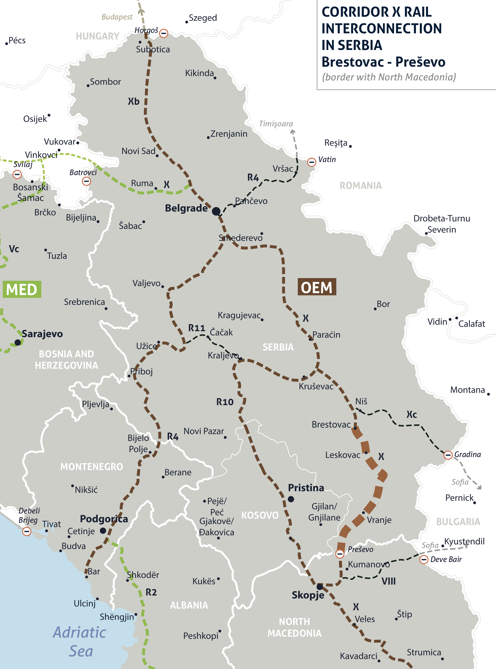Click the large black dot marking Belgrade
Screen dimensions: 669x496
point(216,211)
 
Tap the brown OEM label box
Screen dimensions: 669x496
point(317,287)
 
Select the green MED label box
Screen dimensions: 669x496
point(22,290)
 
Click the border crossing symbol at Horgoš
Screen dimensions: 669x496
point(164,33)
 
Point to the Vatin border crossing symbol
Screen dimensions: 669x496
point(312,162)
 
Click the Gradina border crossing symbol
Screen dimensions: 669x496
point(448,455)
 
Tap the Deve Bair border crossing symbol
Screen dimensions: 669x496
point(424,559)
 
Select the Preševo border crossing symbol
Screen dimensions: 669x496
point(340,554)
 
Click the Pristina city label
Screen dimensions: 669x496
point(306,488)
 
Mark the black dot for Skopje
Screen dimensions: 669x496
point(320,586)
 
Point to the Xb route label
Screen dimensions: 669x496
point(134,101)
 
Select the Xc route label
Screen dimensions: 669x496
point(412,415)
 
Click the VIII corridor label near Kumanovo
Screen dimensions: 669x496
point(389,581)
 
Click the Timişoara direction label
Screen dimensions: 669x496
point(276,124)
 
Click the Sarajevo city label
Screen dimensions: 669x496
point(42,334)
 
